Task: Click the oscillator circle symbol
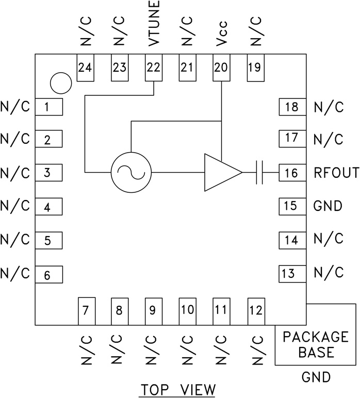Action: (x=131, y=172)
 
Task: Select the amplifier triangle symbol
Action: (x=221, y=172)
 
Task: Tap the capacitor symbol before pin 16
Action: (x=260, y=172)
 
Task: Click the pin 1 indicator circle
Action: (x=60, y=81)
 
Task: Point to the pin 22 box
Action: (x=153, y=67)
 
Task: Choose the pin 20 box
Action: (x=221, y=67)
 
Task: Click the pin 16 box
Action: (x=292, y=173)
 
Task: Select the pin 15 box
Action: (x=292, y=206)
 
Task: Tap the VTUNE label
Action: (x=154, y=24)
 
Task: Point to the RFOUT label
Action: (x=336, y=173)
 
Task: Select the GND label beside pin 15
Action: (x=328, y=206)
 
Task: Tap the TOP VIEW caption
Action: (x=177, y=388)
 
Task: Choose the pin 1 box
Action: (x=48, y=107)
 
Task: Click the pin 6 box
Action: (x=48, y=275)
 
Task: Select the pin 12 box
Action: (x=256, y=311)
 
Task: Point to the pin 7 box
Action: (x=86, y=311)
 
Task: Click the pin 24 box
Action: (x=86, y=67)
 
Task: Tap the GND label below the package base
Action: (x=316, y=377)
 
